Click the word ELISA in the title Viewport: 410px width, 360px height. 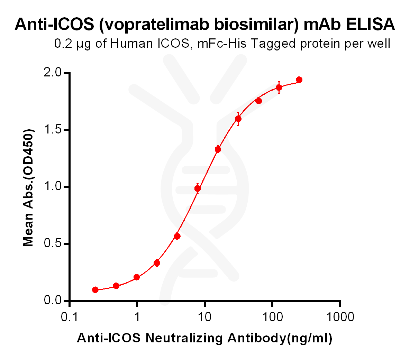[370, 24]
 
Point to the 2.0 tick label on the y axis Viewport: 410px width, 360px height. [52, 73]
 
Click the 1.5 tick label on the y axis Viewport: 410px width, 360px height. [52, 130]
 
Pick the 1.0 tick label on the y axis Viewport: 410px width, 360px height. [52, 187]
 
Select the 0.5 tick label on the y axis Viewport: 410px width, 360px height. [52, 244]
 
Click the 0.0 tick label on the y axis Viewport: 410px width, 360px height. [52, 301]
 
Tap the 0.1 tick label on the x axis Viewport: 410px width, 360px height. [70, 317]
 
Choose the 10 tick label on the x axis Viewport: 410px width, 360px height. [205, 317]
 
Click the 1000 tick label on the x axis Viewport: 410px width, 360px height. [340, 317]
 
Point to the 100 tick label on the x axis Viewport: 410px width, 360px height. [272, 317]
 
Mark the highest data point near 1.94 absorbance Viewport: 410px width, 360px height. [299, 80]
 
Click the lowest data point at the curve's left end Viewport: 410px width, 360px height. [95, 290]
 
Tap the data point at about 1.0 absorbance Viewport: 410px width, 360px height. [198, 188]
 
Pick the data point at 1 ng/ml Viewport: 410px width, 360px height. [137, 277]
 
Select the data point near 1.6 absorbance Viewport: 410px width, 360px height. [238, 119]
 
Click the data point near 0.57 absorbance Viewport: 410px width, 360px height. [177, 236]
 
